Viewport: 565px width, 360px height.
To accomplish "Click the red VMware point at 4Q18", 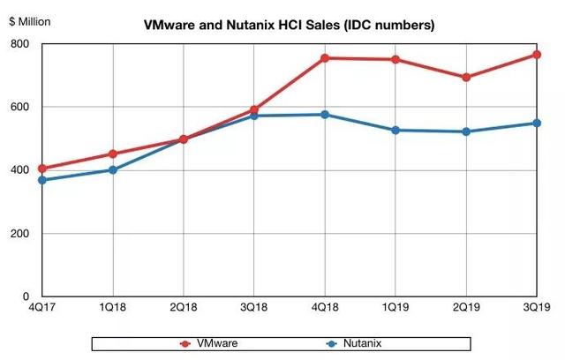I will point(325,58).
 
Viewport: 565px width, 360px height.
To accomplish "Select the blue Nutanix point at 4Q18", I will point(325,115).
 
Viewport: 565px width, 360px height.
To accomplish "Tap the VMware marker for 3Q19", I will point(537,55).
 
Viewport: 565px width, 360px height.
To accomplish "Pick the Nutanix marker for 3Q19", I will point(537,123).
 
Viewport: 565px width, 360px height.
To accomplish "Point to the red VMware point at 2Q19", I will point(466,77).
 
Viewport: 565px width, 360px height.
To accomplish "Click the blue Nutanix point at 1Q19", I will point(395,130).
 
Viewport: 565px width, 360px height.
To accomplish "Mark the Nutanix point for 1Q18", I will point(113,169).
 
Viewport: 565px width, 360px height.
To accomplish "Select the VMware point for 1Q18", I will point(113,154).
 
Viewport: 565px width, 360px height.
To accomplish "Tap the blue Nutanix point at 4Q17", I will point(42,180).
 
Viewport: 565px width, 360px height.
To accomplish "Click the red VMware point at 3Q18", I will point(254,110).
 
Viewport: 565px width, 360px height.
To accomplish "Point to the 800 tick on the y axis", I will point(19,44).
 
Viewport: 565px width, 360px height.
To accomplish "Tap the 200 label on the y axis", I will point(19,234).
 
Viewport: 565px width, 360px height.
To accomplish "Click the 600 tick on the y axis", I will point(19,108).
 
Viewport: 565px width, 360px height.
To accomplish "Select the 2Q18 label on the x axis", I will point(184,308).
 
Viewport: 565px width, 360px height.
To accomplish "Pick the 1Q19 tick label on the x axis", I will point(395,308).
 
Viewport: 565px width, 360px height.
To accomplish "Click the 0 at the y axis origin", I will point(26,297).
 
